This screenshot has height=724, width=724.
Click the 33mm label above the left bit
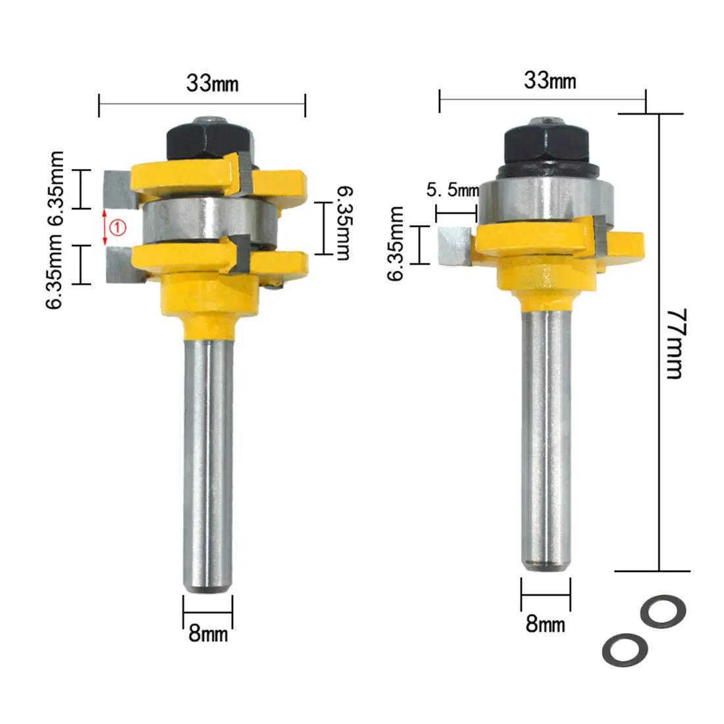coord(212,83)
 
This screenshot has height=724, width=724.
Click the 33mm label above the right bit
coord(550,80)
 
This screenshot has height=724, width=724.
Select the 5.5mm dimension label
coord(453,191)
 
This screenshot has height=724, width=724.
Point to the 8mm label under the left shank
coord(208,633)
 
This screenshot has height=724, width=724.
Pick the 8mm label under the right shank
coord(545,623)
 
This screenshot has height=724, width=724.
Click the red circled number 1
coord(116,228)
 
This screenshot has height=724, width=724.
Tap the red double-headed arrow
coord(104,228)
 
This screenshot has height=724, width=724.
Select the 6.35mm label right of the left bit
coord(342,222)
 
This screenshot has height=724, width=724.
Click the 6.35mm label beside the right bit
coord(396,244)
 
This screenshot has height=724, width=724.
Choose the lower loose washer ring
coord(625,650)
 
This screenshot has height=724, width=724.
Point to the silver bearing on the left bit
coord(209,223)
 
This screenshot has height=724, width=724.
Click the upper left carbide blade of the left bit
coord(118,188)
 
